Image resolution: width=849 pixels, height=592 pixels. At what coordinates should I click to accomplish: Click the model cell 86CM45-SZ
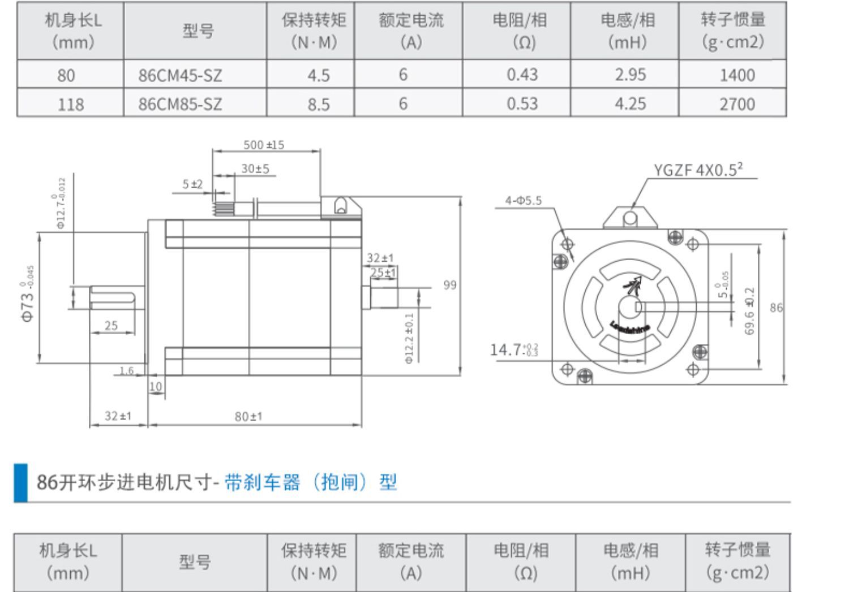(180, 75)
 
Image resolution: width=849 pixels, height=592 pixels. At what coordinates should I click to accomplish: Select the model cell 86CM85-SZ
(180, 104)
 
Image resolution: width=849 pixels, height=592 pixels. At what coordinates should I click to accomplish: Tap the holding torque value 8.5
(318, 104)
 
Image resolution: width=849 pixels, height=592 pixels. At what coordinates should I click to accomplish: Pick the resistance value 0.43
(522, 75)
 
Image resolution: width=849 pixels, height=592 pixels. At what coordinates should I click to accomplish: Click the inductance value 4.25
(630, 104)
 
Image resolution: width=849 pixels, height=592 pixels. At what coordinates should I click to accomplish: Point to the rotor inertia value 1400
(737, 75)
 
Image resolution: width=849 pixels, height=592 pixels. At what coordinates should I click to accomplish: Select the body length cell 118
(70, 104)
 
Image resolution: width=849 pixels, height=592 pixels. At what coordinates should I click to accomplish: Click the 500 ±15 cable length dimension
(264, 145)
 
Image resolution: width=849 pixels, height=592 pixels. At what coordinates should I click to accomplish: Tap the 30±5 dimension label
(255, 168)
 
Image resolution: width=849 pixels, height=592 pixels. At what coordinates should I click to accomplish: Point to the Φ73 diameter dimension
(28, 294)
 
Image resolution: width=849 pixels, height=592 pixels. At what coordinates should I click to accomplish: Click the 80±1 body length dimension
(248, 417)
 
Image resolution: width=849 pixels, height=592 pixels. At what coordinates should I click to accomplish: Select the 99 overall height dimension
(449, 285)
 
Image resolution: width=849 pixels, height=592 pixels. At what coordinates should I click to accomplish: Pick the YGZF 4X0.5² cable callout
(698, 170)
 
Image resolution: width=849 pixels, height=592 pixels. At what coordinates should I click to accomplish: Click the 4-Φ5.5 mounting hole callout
(523, 200)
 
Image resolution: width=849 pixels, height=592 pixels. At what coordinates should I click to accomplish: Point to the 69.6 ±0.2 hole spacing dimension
(750, 311)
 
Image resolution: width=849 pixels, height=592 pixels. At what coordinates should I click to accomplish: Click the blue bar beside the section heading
(20, 482)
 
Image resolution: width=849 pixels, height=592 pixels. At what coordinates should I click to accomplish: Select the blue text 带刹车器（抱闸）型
(311, 482)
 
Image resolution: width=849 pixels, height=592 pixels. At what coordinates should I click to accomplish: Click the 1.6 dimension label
(126, 371)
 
